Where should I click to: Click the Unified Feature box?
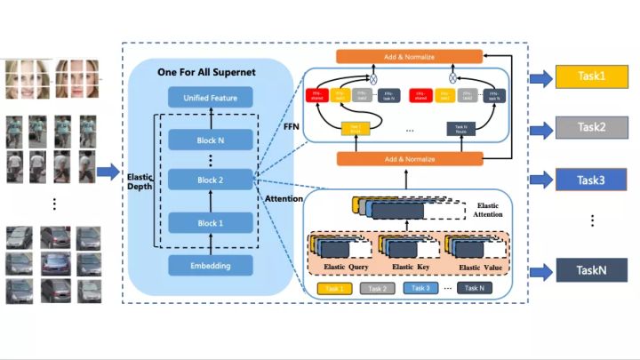pyautogui.click(x=211, y=99)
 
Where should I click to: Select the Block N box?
pyautogui.click(x=211, y=140)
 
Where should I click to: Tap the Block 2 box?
pyautogui.click(x=211, y=180)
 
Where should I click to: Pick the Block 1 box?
pyautogui.click(x=211, y=223)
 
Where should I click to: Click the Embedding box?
pyautogui.click(x=211, y=265)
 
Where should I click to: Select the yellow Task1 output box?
pyautogui.click(x=591, y=77)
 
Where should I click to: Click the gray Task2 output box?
pyautogui.click(x=591, y=128)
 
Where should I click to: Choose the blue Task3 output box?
pyautogui.click(x=591, y=180)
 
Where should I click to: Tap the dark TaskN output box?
pyautogui.click(x=591, y=270)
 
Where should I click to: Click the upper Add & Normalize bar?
pyautogui.click(x=410, y=56)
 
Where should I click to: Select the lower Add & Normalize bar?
pyautogui.click(x=410, y=158)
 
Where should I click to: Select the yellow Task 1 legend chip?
pyautogui.click(x=334, y=288)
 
